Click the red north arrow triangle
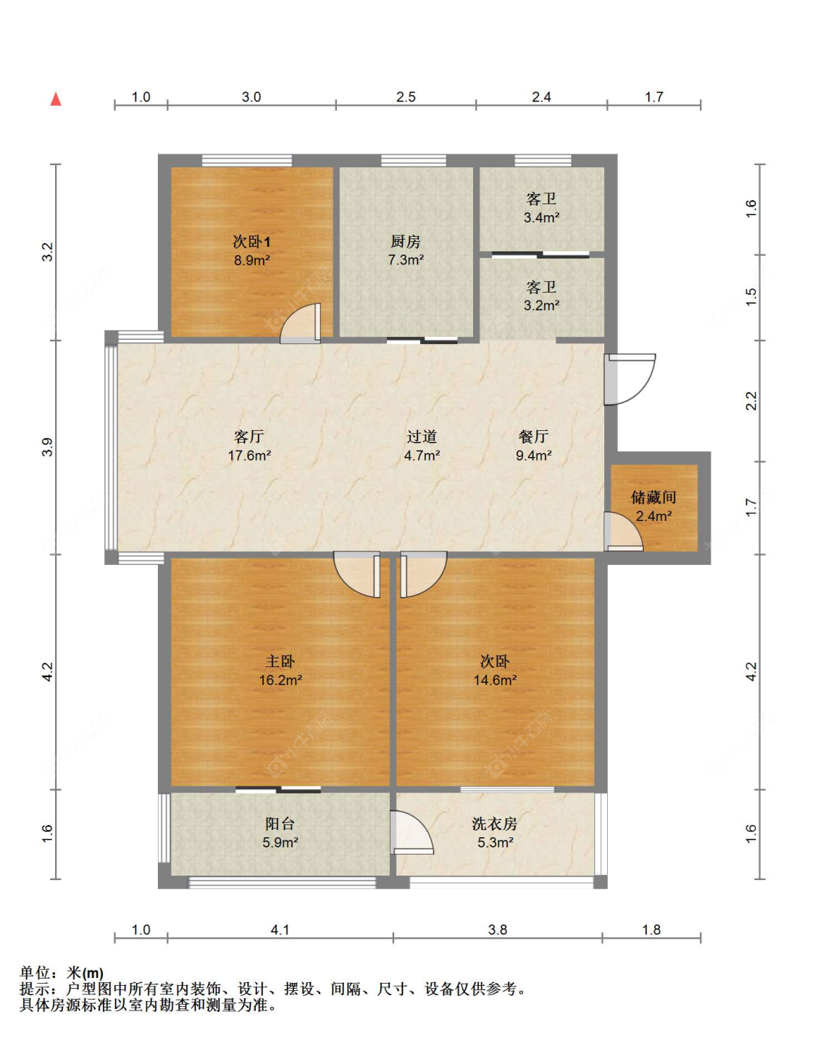(x=57, y=99)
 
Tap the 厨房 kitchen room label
(x=406, y=241)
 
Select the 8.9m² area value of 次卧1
(x=252, y=261)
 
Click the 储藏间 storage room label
(x=653, y=498)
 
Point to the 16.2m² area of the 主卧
(x=280, y=680)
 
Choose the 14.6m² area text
(x=495, y=680)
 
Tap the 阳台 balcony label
(x=280, y=824)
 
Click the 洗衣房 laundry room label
(x=495, y=824)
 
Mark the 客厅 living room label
(x=249, y=436)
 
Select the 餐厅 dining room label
(x=534, y=436)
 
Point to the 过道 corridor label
(x=422, y=436)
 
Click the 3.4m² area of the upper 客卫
(x=541, y=218)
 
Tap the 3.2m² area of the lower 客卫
(x=541, y=306)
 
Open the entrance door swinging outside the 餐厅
(x=630, y=380)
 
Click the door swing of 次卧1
(x=301, y=324)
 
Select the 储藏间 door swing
(x=623, y=532)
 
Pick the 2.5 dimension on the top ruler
(x=406, y=98)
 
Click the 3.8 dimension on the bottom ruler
(x=498, y=930)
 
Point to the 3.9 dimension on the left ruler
(x=48, y=447)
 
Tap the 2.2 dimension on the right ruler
(x=752, y=401)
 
